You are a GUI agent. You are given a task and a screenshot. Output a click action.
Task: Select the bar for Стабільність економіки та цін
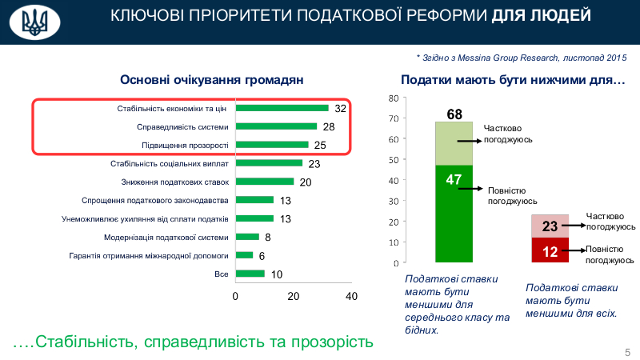tap(282, 108)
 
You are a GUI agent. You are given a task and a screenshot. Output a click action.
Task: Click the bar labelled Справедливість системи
tap(277, 126)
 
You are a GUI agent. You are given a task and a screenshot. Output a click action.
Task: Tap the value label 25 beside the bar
tap(320, 146)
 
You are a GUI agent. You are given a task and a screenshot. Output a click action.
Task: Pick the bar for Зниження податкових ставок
tap(265, 182)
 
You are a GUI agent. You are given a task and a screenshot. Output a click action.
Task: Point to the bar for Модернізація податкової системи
tap(247, 237)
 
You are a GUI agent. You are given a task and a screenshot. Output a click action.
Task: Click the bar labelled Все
tap(250, 274)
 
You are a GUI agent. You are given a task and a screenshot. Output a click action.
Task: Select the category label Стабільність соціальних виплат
tap(170, 163)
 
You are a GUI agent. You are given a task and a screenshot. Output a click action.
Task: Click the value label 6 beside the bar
tap(262, 256)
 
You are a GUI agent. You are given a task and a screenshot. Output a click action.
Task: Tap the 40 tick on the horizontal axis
tap(350, 296)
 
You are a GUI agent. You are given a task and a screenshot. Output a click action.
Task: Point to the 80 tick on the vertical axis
tap(393, 98)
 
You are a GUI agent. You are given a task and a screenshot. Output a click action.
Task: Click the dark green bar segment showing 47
tap(454, 214)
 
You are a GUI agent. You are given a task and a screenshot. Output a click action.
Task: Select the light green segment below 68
tap(454, 143)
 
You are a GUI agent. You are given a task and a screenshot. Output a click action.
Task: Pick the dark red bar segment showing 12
tap(550, 250)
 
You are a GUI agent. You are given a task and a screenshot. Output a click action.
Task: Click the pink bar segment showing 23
tap(550, 226)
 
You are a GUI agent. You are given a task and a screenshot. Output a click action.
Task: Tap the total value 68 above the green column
tap(454, 114)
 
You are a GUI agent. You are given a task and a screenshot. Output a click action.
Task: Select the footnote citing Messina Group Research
tap(521, 58)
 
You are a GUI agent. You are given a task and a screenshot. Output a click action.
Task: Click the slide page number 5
tap(627, 353)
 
